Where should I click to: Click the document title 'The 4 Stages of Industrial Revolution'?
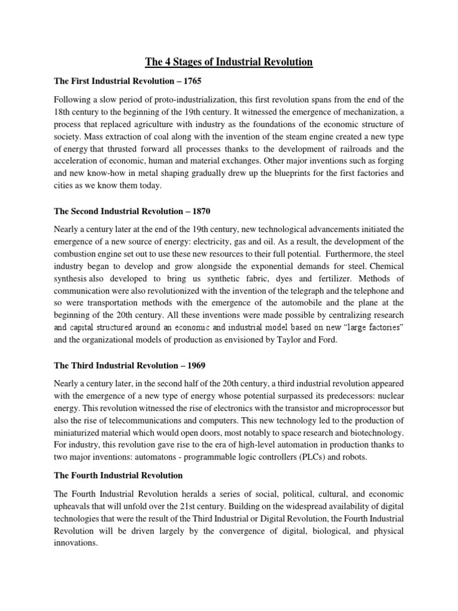click(229, 61)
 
